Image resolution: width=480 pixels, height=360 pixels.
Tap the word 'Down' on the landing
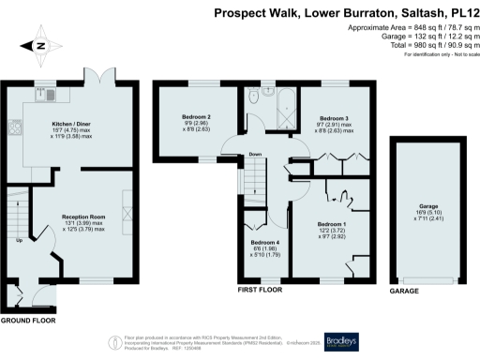tap(253, 156)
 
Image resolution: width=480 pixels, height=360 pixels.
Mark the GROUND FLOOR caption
tap(27, 321)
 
